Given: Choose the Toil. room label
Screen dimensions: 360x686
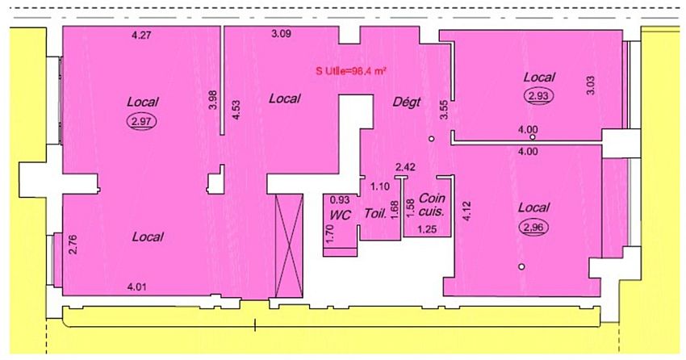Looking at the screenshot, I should pos(374,216).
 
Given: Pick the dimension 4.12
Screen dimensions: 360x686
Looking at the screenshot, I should pos(466,213).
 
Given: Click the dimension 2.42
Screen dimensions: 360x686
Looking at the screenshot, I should pos(404,167).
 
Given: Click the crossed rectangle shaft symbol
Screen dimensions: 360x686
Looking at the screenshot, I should pos(289,245).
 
